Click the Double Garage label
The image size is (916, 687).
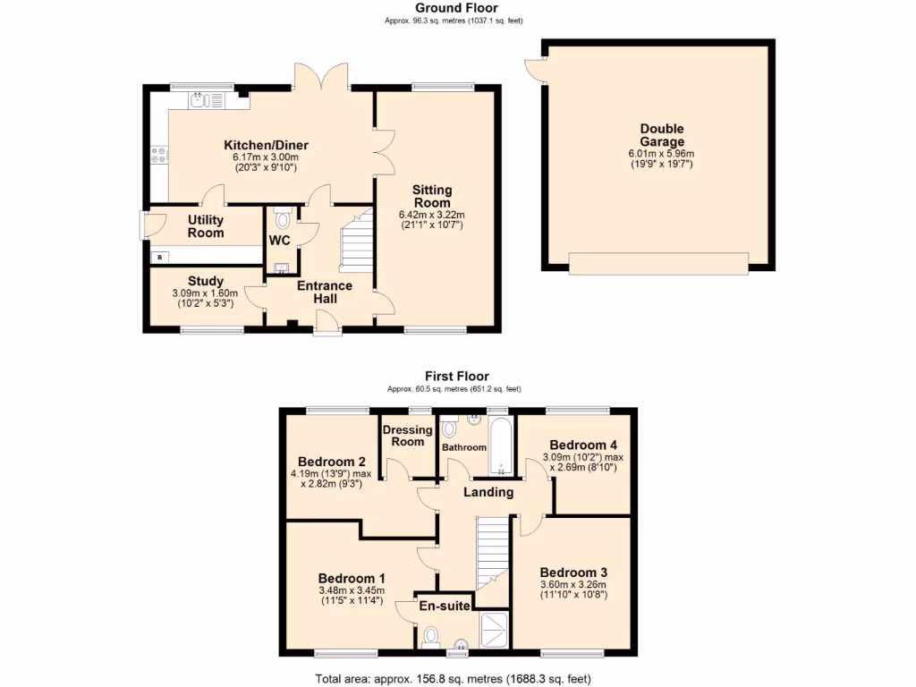(662, 135)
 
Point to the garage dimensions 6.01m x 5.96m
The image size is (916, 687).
(662, 154)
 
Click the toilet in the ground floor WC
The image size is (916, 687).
(283, 217)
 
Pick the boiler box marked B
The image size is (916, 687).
(160, 258)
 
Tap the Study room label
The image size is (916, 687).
(205, 281)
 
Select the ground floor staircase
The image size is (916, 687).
(356, 241)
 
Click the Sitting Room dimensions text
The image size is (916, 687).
(432, 219)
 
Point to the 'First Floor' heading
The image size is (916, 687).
(457, 377)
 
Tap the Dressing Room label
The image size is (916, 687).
(408, 436)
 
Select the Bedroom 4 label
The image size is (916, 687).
(582, 445)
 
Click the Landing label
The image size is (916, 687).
(488, 492)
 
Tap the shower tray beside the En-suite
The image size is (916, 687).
(494, 629)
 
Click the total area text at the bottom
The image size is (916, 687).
(454, 678)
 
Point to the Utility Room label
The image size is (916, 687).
(205, 226)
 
